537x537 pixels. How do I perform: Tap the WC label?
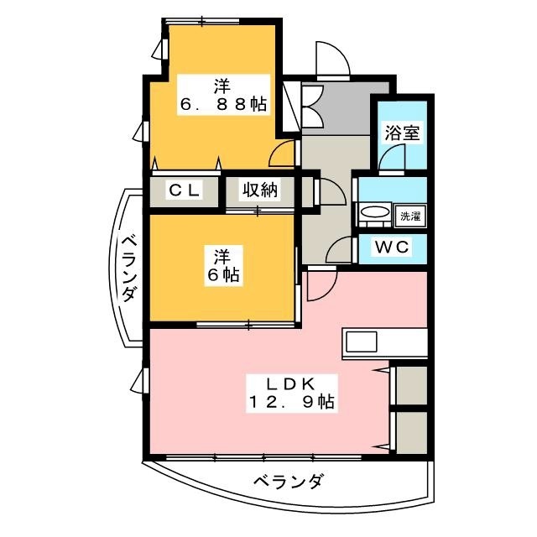pyautogui.click(x=392, y=248)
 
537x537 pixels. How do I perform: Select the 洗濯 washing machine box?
pyautogui.click(x=409, y=215)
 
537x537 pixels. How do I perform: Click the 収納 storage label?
pyautogui.click(x=260, y=190)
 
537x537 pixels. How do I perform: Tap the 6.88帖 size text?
pyautogui.click(x=222, y=106)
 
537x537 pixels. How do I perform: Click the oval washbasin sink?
pyautogui.click(x=375, y=214)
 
